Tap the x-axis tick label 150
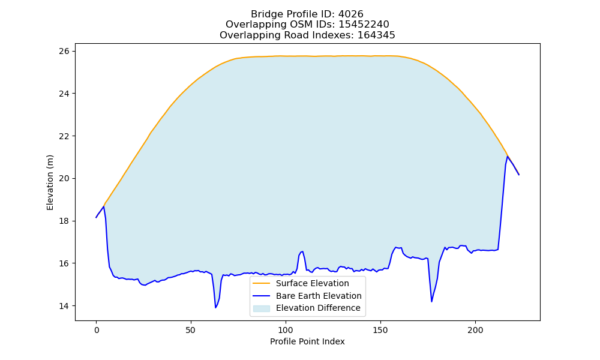point(380,331)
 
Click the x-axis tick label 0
point(97,331)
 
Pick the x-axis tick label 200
point(475,331)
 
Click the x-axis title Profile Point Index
point(307,341)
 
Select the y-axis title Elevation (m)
point(50,182)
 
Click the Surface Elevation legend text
point(312,283)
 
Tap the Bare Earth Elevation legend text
point(319,296)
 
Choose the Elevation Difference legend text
point(318,308)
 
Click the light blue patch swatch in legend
point(262,308)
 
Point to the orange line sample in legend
point(262,283)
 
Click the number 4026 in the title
point(350,14)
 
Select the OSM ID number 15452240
point(364,25)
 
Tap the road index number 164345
point(376,35)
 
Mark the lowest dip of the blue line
point(216,308)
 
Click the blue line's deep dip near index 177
point(431,302)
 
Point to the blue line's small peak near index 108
point(302,252)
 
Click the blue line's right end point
point(519,175)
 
